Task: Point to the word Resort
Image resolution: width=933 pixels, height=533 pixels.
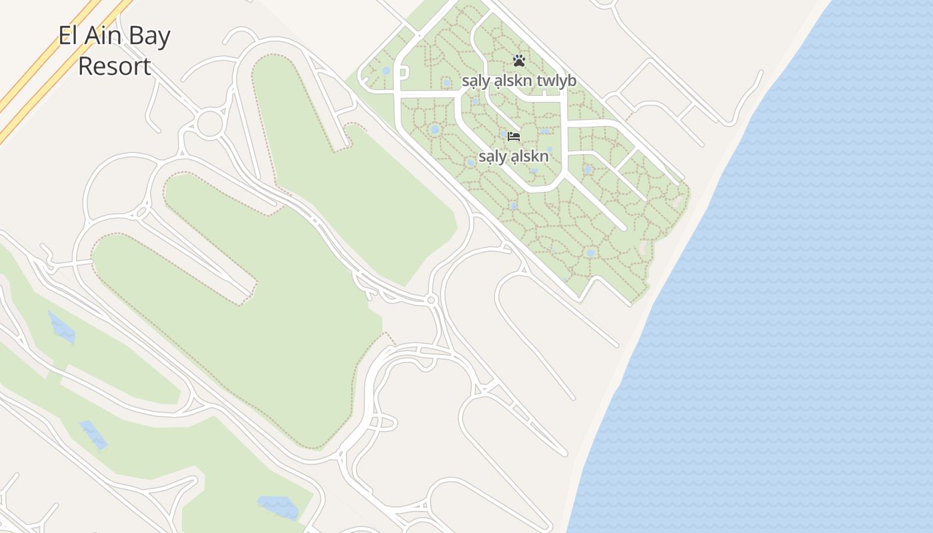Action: [x=115, y=66]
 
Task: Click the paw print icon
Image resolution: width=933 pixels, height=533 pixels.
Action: [x=519, y=61]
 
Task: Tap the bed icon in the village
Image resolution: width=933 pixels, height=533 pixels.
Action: [x=513, y=137]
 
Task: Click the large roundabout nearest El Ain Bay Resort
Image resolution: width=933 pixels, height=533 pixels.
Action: [x=209, y=124]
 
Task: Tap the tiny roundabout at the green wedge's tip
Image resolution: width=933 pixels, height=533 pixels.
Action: [x=431, y=300]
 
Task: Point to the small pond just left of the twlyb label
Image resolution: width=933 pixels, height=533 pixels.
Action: [x=446, y=83]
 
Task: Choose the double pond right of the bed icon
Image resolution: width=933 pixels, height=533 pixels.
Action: [x=544, y=131]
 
